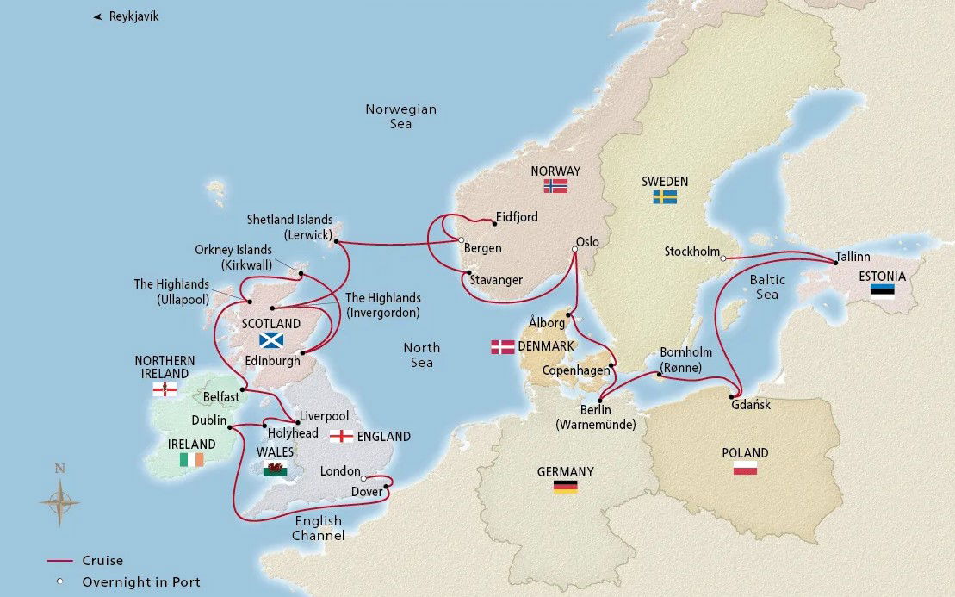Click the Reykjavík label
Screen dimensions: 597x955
[133, 16]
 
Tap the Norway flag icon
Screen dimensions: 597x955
[555, 186]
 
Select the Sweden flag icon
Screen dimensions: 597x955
[664, 196]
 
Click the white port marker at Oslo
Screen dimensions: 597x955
[574, 251]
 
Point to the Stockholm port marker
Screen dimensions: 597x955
[723, 258]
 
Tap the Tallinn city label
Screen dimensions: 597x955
[853, 257]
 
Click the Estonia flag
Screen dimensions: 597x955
[881, 290]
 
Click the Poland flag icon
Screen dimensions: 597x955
[745, 468]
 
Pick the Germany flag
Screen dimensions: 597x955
[565, 487]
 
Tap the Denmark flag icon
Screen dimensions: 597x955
[502, 347]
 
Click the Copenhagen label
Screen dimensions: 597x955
[575, 370]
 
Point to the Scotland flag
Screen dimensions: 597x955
[271, 339]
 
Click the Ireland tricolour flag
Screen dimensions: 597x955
[191, 460]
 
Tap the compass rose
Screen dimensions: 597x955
[59, 501]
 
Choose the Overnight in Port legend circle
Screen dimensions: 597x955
[59, 582]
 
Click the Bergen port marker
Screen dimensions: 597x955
[462, 240]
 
